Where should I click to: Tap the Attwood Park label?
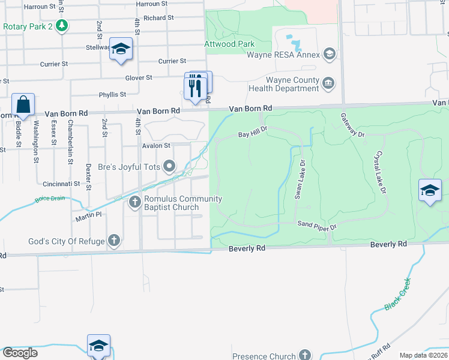point(230,44)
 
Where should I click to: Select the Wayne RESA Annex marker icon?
point(328,55)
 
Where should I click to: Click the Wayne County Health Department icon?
point(328,83)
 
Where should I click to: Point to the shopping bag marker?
point(23,106)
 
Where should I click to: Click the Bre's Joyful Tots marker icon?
point(170,166)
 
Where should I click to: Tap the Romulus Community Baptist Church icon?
point(135,203)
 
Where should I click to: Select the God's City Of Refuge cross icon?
point(114,241)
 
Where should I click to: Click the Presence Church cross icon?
point(306,355)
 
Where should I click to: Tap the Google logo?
point(20,353)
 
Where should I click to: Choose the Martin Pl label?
point(88,218)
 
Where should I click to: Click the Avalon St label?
point(156,145)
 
